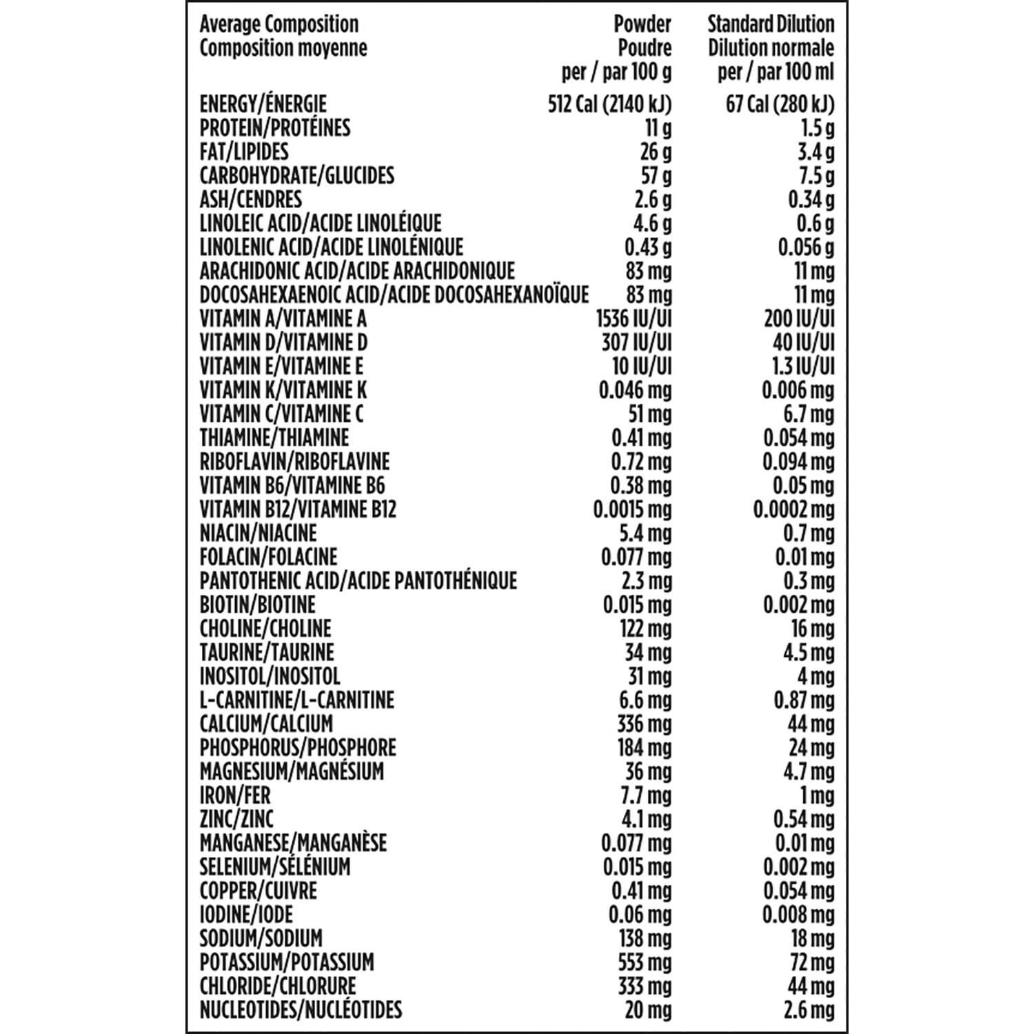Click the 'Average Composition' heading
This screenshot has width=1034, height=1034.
click(x=278, y=24)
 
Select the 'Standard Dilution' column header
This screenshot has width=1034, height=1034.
click(x=771, y=24)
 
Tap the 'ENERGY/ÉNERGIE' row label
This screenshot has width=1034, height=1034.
click(x=263, y=104)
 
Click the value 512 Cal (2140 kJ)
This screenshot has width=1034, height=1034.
click(x=609, y=104)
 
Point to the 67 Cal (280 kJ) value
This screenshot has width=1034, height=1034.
click(x=780, y=104)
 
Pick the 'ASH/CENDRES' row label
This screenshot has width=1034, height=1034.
click(x=250, y=199)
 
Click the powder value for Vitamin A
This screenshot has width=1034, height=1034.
click(x=633, y=318)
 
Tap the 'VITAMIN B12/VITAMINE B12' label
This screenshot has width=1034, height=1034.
click(x=298, y=509)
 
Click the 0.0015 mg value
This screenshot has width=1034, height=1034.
click(x=632, y=509)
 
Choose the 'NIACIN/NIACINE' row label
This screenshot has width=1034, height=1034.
click(x=258, y=533)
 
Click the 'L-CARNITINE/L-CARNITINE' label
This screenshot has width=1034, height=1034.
click(x=296, y=700)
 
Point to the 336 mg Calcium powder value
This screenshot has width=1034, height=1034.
click(x=645, y=724)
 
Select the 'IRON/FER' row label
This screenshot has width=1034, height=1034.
click(x=234, y=795)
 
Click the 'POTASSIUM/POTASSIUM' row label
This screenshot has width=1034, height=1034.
click(x=287, y=962)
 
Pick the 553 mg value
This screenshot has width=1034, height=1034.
click(x=645, y=962)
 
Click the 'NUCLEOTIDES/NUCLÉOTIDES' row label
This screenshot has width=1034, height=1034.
click(x=301, y=1010)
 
